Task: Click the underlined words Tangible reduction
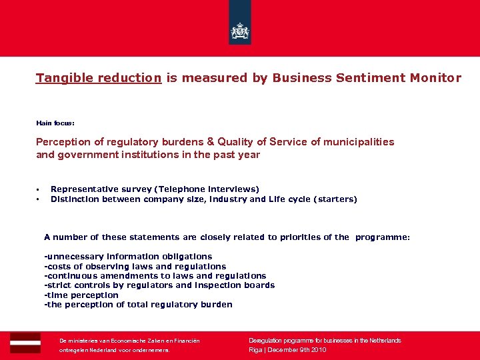[x=99, y=78]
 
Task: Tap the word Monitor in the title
[x=436, y=78]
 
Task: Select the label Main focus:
[x=55, y=123]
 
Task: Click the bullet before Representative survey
[x=39, y=190]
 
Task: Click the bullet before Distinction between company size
[x=39, y=199]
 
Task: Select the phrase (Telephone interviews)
[x=208, y=189]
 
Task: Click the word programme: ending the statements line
[x=383, y=237]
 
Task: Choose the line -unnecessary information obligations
[x=128, y=257]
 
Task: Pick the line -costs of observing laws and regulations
[x=135, y=266]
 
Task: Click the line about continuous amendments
[x=155, y=276]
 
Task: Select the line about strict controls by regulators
[x=159, y=285]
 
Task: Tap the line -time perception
[x=81, y=295]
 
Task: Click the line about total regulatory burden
[x=138, y=305]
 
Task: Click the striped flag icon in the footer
[x=25, y=343]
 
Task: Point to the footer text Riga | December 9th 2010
[x=287, y=350]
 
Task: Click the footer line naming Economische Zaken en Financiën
[x=129, y=341]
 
